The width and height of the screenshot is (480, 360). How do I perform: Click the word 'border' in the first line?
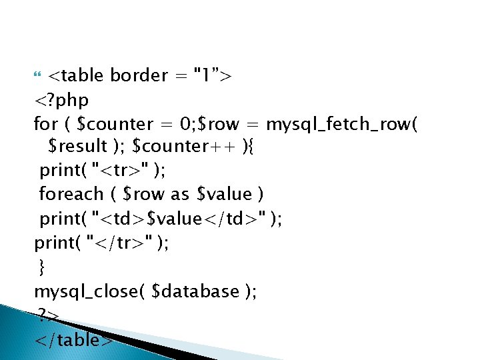139,75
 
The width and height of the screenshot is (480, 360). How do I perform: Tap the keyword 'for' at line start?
46,124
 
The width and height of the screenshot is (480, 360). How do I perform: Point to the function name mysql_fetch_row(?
342,124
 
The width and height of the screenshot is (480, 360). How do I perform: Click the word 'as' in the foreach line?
180,194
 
